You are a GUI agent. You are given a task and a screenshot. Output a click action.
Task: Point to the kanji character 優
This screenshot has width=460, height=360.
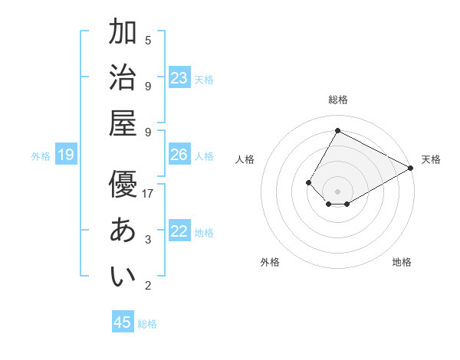click(x=123, y=184)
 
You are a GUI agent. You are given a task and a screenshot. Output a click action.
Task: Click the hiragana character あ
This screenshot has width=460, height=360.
click(x=123, y=230)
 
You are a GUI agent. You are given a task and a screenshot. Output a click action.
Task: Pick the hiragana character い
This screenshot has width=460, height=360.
click(x=123, y=276)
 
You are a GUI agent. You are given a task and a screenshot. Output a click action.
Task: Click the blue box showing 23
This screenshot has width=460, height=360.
click(x=179, y=78)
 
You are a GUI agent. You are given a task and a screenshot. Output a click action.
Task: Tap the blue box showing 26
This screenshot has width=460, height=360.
click(x=179, y=155)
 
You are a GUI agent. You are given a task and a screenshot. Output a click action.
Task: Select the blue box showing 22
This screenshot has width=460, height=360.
click(x=179, y=231)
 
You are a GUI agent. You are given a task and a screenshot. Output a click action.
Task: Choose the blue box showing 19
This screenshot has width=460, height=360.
click(x=66, y=155)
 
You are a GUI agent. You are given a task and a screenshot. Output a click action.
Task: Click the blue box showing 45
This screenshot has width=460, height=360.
click(x=123, y=322)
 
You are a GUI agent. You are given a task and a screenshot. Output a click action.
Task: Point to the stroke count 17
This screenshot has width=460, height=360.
click(x=148, y=194)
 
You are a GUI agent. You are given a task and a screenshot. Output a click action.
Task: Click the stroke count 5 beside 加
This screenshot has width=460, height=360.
click(x=148, y=40)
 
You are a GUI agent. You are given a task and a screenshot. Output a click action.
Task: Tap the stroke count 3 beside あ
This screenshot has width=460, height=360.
click(x=148, y=240)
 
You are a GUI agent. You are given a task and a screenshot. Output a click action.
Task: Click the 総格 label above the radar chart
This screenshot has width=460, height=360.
click(x=337, y=100)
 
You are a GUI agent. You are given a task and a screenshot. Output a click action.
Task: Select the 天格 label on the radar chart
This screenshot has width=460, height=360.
click(x=431, y=159)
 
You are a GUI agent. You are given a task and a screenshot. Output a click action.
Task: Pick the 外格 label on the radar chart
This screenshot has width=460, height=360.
click(x=270, y=262)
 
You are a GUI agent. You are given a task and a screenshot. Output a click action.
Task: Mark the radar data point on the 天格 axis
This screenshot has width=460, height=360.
click(x=410, y=168)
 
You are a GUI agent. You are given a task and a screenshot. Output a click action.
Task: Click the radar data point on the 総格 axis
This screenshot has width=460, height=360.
click(x=337, y=130)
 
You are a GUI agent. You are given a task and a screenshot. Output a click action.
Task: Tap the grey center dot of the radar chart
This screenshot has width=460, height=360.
click(x=337, y=191)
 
